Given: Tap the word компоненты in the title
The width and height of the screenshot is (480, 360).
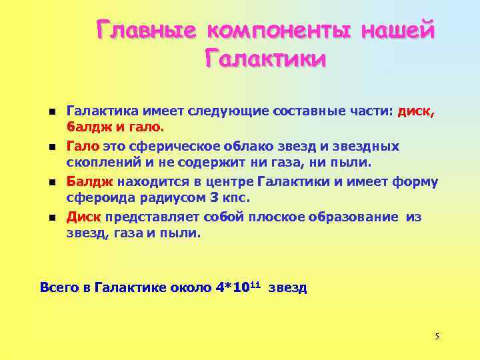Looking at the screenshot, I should [279, 31].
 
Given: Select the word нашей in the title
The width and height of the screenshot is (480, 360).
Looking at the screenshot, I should [399, 31].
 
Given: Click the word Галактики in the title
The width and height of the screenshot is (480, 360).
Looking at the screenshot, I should [265, 60].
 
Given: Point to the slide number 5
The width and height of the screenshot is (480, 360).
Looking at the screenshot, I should [437, 336].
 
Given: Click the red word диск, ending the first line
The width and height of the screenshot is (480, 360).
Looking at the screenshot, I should [415, 110].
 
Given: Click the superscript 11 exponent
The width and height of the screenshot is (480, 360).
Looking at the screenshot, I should [257, 284].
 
